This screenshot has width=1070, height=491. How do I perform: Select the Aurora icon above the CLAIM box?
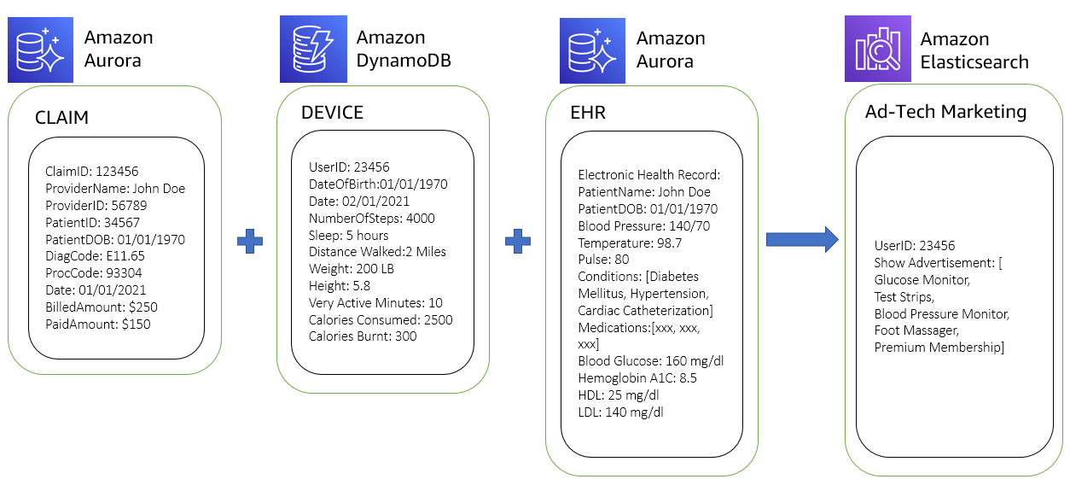click(41, 49)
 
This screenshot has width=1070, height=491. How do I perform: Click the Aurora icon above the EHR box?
click(594, 49)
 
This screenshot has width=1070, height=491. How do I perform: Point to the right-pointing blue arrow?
click(802, 240)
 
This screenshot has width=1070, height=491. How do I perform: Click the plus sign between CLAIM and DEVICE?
click(249, 241)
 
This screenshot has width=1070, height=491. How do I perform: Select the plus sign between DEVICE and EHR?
click(518, 241)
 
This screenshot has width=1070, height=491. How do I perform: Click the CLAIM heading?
click(61, 118)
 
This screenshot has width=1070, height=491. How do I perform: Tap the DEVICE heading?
click(332, 113)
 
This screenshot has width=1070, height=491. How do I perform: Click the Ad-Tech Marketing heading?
click(945, 112)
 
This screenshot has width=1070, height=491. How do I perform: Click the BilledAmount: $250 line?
click(101, 307)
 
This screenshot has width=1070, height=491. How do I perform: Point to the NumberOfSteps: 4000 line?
click(371, 218)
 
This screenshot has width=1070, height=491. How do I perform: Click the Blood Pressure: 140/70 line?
click(643, 225)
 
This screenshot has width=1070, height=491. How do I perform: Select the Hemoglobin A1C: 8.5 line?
click(637, 377)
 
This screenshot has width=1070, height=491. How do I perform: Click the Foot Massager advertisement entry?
click(916, 330)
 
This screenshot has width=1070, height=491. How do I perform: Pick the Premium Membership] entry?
click(939, 348)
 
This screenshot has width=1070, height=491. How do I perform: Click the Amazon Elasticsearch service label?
click(974, 50)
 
